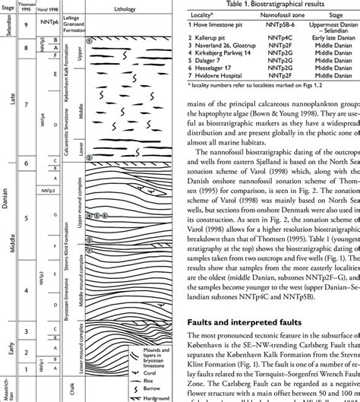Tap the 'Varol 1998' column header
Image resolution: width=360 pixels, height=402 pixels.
click(x=52, y=9)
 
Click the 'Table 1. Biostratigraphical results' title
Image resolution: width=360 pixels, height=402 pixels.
click(x=273, y=4)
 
